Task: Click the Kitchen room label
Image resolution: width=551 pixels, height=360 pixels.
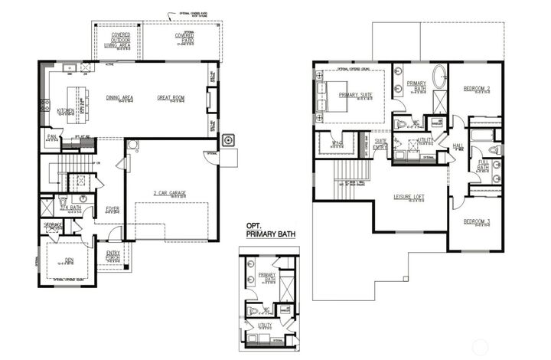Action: pyautogui.click(x=67, y=110)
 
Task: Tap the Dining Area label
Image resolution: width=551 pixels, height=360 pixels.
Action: pyautogui.click(x=120, y=97)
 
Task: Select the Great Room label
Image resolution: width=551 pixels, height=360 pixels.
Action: pyautogui.click(x=171, y=97)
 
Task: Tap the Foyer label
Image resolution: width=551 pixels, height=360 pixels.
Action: pyautogui.click(x=112, y=208)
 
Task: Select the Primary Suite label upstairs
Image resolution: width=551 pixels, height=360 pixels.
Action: pyautogui.click(x=356, y=95)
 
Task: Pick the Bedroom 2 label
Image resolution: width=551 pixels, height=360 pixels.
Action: pyautogui.click(x=477, y=89)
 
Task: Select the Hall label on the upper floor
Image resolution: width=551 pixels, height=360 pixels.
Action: pyautogui.click(x=458, y=146)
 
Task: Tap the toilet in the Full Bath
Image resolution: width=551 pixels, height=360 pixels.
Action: pyautogui.click(x=494, y=149)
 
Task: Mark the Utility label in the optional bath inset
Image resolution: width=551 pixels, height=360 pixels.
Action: pyautogui.click(x=266, y=325)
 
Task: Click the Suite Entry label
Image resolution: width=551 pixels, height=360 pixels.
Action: pyautogui.click(x=380, y=143)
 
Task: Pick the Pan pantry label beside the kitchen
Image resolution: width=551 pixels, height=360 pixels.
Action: pyautogui.click(x=52, y=137)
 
